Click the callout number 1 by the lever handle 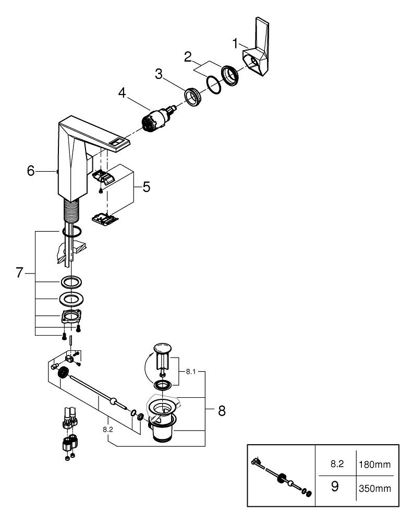coord(235,42)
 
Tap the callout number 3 coord(159,74)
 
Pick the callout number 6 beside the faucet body coord(31,171)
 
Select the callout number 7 coord(20,272)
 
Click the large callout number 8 coord(222,410)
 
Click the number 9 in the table coord(335,487)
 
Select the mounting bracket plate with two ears coord(72,316)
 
